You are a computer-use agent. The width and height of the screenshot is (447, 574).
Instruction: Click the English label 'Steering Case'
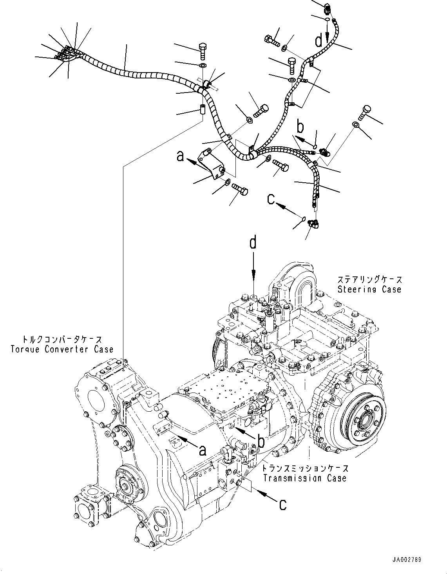(x=369, y=289)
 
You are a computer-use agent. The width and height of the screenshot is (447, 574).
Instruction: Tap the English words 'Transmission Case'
(x=305, y=478)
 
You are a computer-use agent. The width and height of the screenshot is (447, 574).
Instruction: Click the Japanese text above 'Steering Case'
(x=369, y=280)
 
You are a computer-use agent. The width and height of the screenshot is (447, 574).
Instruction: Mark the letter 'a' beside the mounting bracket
(x=180, y=156)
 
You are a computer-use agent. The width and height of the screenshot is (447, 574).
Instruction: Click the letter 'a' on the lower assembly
(x=202, y=450)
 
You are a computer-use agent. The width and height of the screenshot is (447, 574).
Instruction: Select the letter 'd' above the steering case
(x=253, y=243)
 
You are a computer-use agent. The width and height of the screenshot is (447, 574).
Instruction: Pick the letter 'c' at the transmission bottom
(x=282, y=505)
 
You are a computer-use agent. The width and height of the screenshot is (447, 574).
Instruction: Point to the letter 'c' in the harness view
(x=271, y=199)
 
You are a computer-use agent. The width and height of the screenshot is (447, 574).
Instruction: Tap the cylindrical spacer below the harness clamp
(x=203, y=109)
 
